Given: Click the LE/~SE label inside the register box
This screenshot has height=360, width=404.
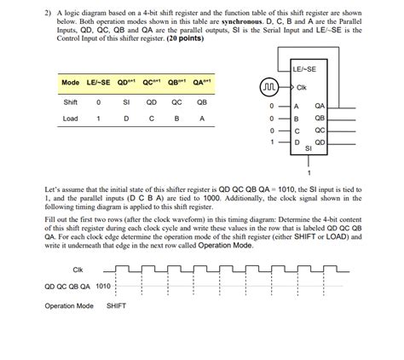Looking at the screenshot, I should click(304, 68).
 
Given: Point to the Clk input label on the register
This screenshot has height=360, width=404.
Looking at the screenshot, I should click(302, 87).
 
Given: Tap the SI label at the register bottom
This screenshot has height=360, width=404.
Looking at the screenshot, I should click(308, 148).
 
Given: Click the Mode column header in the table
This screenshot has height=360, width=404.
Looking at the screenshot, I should click(70, 83).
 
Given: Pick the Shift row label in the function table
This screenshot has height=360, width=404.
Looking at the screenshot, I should click(71, 101).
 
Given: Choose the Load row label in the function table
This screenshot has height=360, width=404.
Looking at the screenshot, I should click(70, 119).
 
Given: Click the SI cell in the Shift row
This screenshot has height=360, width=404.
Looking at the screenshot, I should click(126, 101).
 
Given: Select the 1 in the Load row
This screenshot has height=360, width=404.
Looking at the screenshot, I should click(98, 119).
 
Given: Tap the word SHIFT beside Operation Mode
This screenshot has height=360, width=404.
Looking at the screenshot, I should click(117, 305).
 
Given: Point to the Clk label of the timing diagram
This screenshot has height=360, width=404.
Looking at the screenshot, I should click(78, 270).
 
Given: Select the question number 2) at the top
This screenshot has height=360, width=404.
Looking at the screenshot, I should click(48, 13).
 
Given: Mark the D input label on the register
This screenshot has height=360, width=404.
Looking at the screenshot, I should click(297, 142).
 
